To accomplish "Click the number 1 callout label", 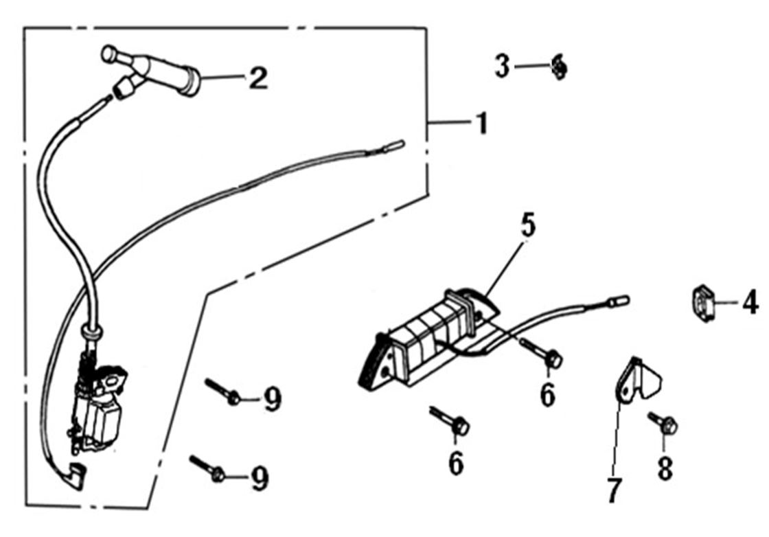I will (x=482, y=124).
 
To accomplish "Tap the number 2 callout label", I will (x=257, y=78).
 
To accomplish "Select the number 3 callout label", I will (x=503, y=67).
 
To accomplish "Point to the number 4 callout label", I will (x=750, y=301).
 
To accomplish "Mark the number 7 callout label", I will (x=614, y=490).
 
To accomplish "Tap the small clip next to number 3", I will (x=560, y=67).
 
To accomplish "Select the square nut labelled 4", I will (x=702, y=302).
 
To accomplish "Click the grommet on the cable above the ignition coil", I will (x=91, y=332).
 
